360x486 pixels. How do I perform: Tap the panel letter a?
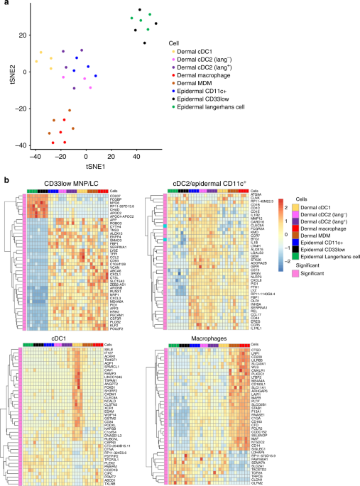pyautogui.click(x=5, y=5)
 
